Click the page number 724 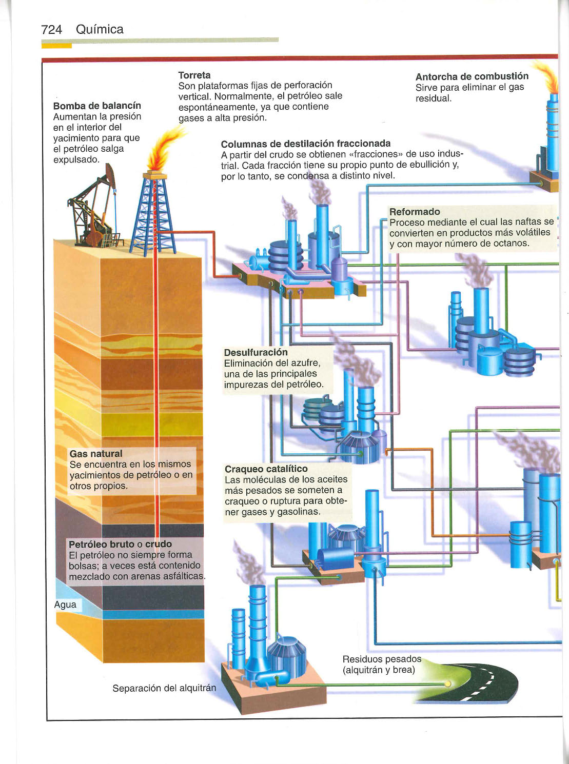[x=51, y=30]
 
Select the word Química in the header [x=100, y=30]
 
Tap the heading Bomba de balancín [x=97, y=106]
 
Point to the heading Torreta [x=194, y=75]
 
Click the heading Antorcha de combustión [x=472, y=76]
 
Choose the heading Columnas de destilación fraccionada [x=305, y=144]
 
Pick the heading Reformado [x=415, y=212]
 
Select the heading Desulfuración [x=256, y=352]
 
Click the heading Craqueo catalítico [x=266, y=469]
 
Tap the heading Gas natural [x=96, y=454]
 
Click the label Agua [x=65, y=605]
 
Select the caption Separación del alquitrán [x=164, y=688]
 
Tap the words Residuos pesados [x=382, y=659]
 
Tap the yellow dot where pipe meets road [x=448, y=683]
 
